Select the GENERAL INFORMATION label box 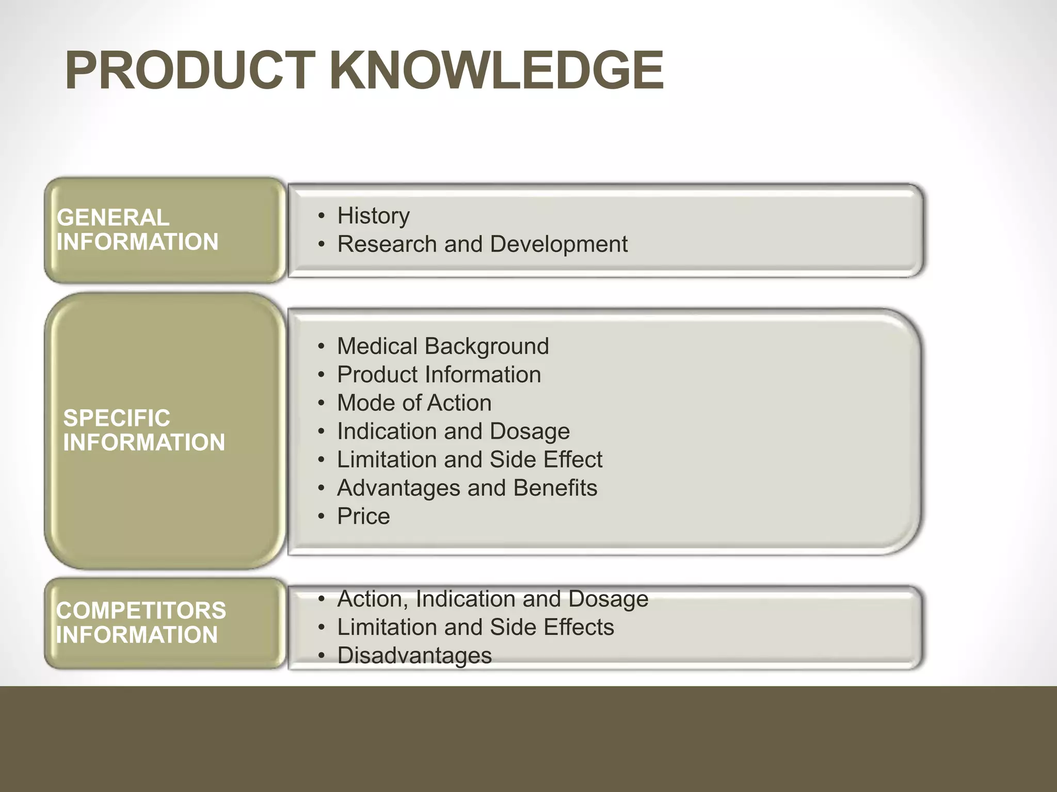[x=165, y=230]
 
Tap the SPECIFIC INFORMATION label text [x=144, y=430]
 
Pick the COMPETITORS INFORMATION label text [x=140, y=623]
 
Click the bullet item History [x=373, y=216]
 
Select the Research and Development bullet [x=482, y=244]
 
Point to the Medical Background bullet [x=442, y=346]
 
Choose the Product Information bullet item [x=439, y=374]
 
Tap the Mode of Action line [x=414, y=403]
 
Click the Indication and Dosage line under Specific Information [x=453, y=431]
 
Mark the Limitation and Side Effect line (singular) [x=469, y=459]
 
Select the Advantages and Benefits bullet [x=467, y=488]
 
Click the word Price [x=363, y=516]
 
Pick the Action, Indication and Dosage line [x=492, y=599]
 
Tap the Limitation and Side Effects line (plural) [x=475, y=628]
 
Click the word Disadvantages [x=414, y=656]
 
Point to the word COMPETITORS [x=141, y=610]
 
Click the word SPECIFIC [x=117, y=418]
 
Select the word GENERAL [x=113, y=218]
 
